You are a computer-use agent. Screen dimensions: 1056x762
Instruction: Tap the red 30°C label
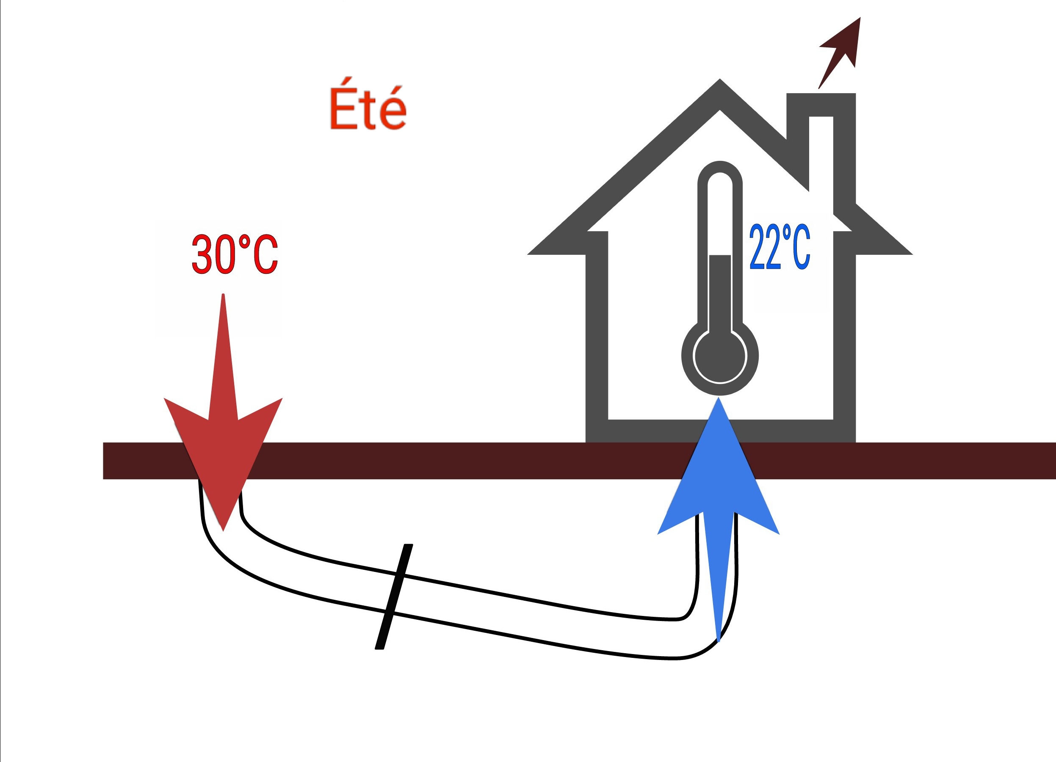click(235, 254)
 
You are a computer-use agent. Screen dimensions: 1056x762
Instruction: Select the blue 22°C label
click(780, 247)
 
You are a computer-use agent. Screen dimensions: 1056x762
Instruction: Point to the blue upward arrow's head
click(719, 470)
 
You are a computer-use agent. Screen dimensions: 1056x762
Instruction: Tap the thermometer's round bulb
click(720, 357)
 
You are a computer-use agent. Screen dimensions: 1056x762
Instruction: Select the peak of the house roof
click(720, 80)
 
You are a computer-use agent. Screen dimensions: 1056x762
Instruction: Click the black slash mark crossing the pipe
click(394, 596)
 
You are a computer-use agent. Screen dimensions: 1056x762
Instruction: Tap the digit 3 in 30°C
click(202, 254)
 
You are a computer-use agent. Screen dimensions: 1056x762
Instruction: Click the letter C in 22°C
click(800, 247)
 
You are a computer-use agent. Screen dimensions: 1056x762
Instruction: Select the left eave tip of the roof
click(528, 254)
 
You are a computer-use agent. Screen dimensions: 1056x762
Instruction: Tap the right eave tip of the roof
click(912, 254)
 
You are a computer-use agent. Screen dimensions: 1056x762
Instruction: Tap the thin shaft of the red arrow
click(223, 354)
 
